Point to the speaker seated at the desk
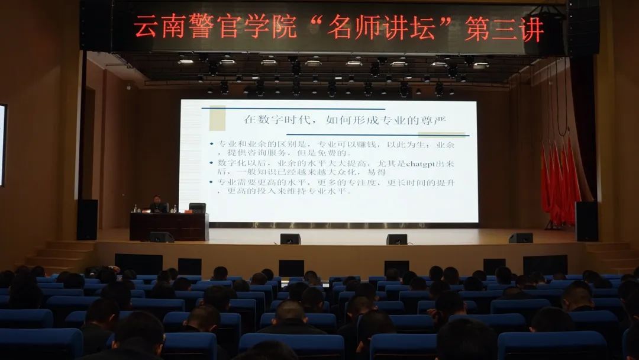pyautogui.click(x=157, y=204)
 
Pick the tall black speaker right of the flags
pyautogui.click(x=586, y=221)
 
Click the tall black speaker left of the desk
pyautogui.click(x=87, y=219)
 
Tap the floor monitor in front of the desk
pyautogui.click(x=161, y=237)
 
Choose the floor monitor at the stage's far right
pyautogui.click(x=521, y=237)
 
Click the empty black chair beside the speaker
pyautogui.click(x=197, y=207)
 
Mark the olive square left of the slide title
pyautogui.click(x=217, y=118)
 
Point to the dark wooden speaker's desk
pyautogui.click(x=169, y=226)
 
